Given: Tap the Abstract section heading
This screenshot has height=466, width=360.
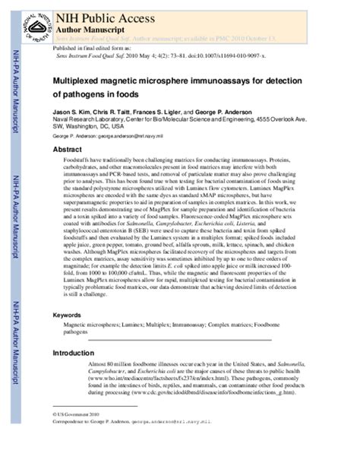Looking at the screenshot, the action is (x=66, y=150).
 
